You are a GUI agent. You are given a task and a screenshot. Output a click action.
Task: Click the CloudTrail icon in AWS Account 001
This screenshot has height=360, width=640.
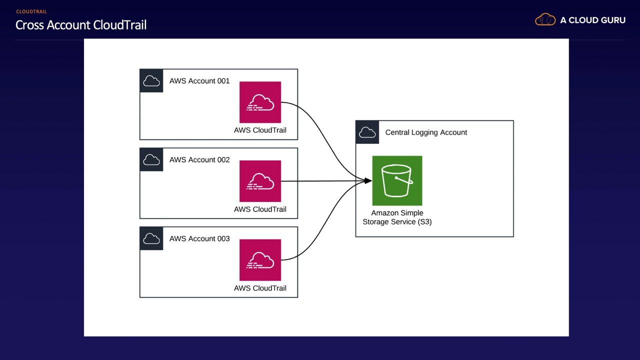(x=260, y=102)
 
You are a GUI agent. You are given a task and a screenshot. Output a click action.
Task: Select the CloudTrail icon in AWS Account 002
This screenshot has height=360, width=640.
(x=260, y=181)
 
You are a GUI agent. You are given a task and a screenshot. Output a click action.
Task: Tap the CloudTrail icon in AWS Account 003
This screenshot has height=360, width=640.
(x=260, y=260)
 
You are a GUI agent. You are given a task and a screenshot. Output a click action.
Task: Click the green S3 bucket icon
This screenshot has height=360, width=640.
(x=397, y=180)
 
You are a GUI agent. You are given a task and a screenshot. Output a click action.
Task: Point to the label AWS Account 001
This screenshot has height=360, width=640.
(x=199, y=81)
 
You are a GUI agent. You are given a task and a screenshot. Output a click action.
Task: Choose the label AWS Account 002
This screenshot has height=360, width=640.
(x=199, y=160)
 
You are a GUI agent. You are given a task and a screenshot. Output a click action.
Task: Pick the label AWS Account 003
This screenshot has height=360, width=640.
(x=199, y=239)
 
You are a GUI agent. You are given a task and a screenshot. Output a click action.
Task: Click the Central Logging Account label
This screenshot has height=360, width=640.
(x=426, y=132)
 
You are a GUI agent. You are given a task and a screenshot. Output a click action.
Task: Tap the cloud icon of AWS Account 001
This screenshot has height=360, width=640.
(x=151, y=81)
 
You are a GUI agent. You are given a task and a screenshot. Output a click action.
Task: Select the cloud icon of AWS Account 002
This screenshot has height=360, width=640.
(x=151, y=160)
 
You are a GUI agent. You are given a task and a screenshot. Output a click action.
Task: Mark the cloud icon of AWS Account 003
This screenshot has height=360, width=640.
(x=151, y=239)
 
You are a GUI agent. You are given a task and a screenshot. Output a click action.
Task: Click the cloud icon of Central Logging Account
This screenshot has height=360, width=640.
(x=367, y=132)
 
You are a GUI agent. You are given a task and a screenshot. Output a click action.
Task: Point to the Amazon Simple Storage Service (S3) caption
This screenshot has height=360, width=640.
(x=397, y=217)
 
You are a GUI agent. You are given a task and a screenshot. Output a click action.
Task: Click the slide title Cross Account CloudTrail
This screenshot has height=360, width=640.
(x=81, y=25)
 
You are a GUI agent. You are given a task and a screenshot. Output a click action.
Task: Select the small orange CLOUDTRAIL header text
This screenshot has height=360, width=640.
(x=31, y=11)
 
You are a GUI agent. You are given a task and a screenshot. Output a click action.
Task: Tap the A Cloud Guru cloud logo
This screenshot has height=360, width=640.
(x=545, y=20)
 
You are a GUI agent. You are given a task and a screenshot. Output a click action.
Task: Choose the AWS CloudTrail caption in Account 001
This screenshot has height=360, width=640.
(x=260, y=130)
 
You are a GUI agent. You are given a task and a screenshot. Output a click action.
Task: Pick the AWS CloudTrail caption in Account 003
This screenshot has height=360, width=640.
(x=260, y=288)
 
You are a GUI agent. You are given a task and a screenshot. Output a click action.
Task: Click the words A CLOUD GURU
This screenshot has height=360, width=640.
(x=592, y=20)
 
